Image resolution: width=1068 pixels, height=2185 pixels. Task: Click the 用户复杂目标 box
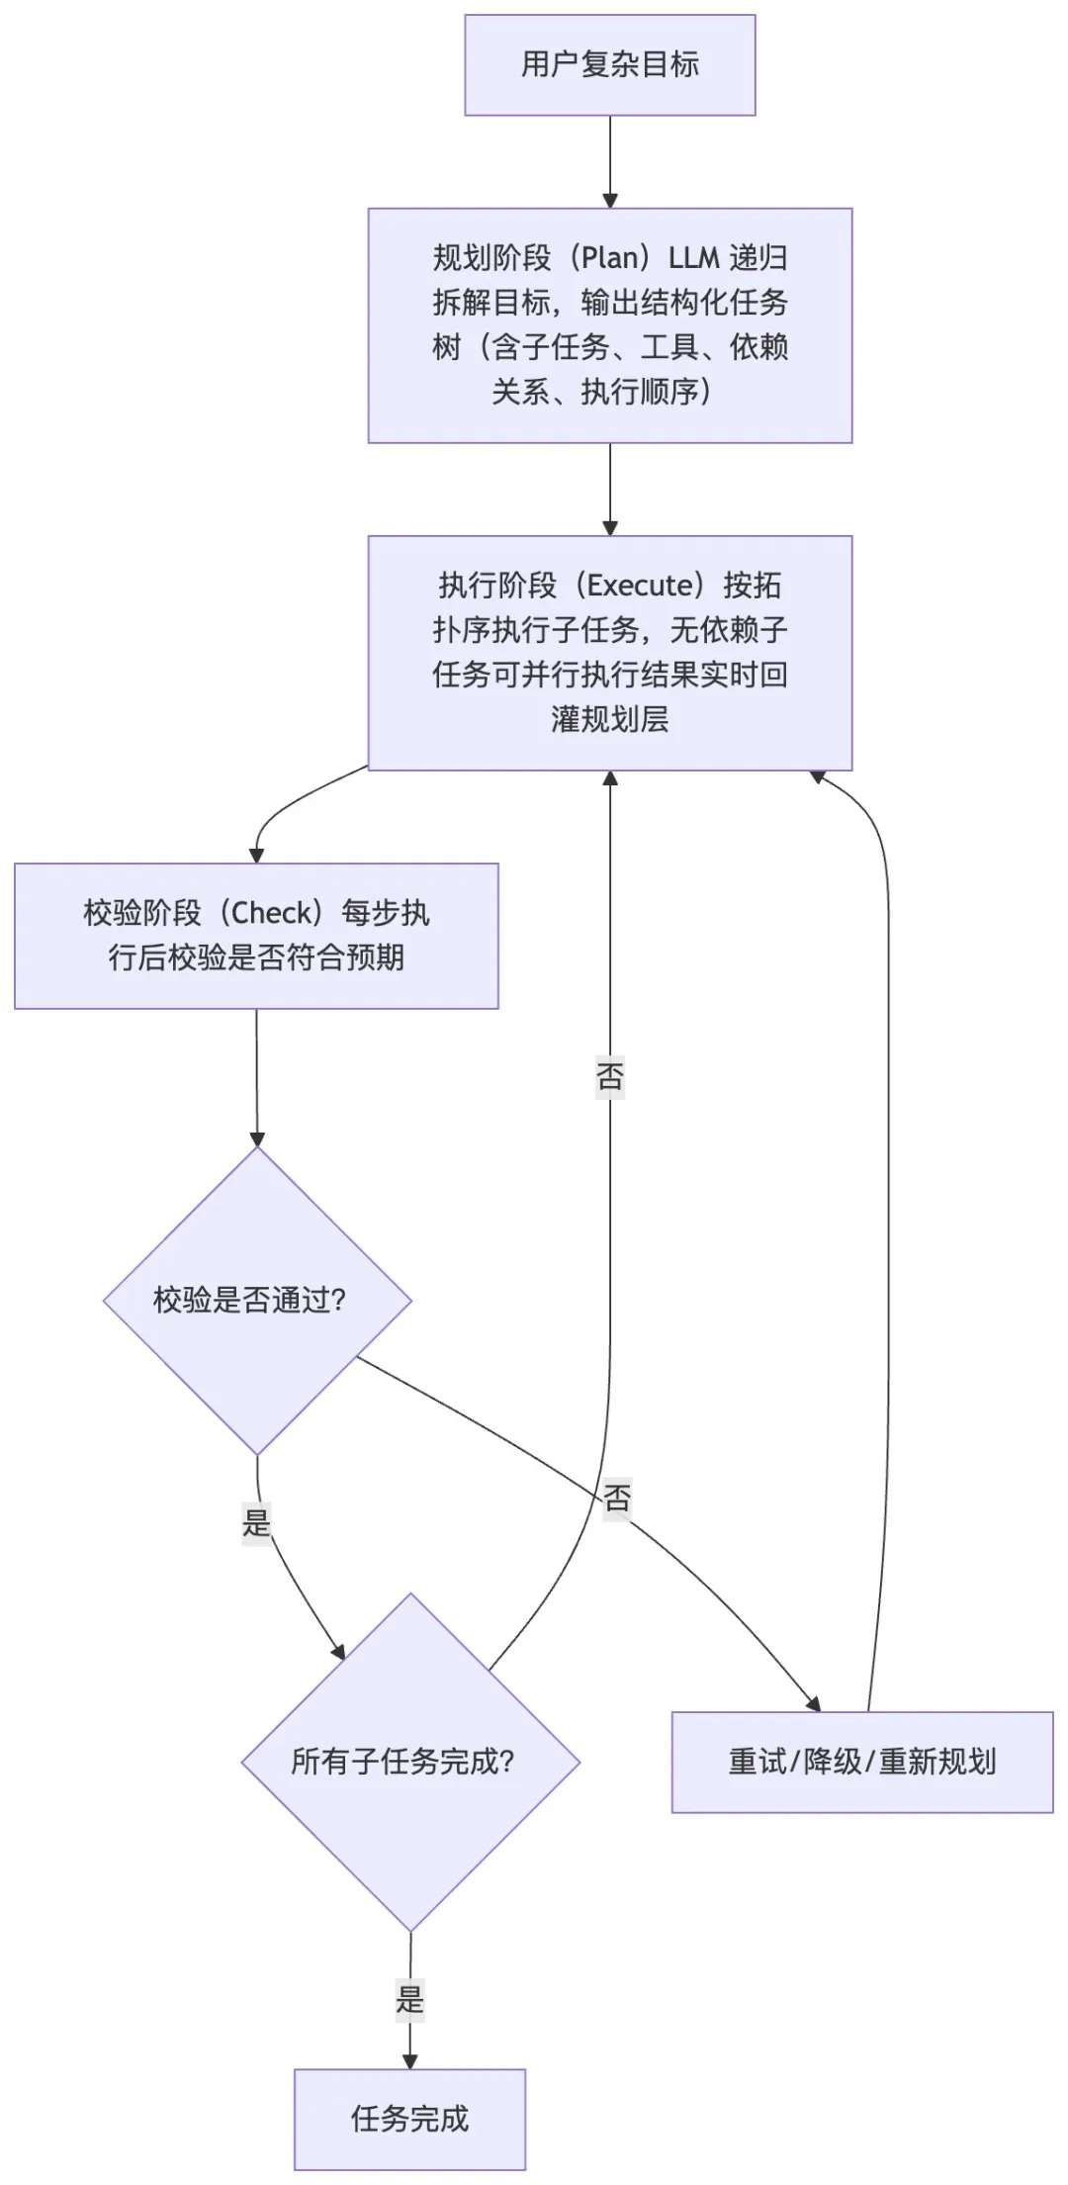click(609, 65)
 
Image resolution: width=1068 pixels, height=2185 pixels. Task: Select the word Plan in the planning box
click(609, 258)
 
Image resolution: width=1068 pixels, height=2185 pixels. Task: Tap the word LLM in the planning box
click(693, 258)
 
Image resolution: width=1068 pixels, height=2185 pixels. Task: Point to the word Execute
click(639, 586)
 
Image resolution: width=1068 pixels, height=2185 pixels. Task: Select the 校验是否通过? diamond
click(257, 1300)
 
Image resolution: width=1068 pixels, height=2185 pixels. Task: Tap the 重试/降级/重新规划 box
click(861, 1762)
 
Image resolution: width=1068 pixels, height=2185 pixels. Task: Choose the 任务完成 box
click(409, 2119)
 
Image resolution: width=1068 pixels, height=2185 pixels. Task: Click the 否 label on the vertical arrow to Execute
click(610, 1076)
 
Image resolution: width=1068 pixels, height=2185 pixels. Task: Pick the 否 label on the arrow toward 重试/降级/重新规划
click(617, 1498)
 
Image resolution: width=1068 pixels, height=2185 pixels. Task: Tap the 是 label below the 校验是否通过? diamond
click(256, 1521)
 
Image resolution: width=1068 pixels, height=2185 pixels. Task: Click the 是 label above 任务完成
click(409, 1999)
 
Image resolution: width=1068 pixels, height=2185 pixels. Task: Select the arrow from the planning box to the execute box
click(610, 489)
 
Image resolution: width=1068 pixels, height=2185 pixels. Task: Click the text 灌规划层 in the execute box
click(609, 719)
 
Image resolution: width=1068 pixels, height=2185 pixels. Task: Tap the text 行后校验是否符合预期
click(256, 957)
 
